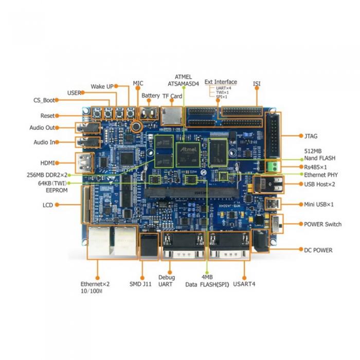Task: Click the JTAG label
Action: click(x=311, y=136)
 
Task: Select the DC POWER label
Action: click(x=318, y=250)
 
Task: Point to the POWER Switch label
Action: click(x=322, y=224)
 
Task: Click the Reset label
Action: click(x=47, y=116)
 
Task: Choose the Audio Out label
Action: click(x=44, y=128)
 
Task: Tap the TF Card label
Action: click(x=172, y=96)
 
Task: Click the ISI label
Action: click(x=257, y=83)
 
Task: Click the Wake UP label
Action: click(x=102, y=86)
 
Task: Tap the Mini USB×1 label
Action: click(x=319, y=204)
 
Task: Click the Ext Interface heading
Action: click(x=221, y=82)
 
